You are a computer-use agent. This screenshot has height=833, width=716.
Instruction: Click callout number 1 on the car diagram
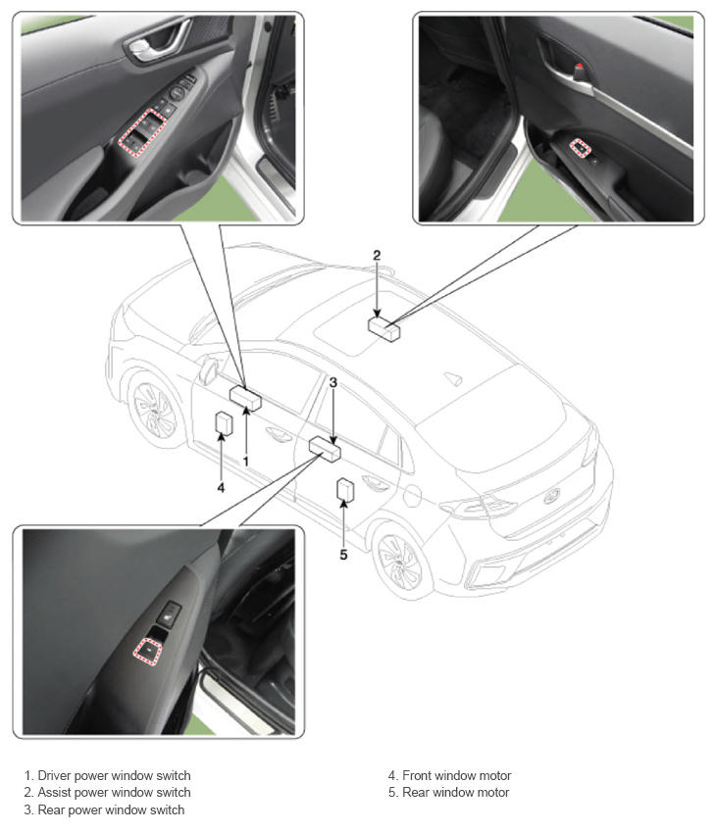(x=245, y=462)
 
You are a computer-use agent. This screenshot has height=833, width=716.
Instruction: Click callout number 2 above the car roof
(x=377, y=255)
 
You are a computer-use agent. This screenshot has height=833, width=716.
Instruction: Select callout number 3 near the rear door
(x=333, y=382)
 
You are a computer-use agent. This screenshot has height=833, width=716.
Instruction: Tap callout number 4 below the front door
(x=221, y=487)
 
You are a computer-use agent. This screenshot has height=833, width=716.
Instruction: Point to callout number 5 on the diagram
(x=343, y=555)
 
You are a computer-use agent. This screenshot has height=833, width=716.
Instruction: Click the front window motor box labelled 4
(x=224, y=423)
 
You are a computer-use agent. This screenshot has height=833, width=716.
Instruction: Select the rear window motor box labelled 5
(x=345, y=490)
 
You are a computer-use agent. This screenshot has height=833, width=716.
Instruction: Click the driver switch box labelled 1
(x=245, y=398)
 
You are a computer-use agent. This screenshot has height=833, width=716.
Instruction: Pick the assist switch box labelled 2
(x=384, y=329)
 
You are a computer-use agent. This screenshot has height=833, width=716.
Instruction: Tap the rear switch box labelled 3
(x=325, y=449)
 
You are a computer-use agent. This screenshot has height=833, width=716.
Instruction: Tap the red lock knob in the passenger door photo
(x=580, y=68)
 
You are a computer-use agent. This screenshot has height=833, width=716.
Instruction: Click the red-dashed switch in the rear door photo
(x=147, y=652)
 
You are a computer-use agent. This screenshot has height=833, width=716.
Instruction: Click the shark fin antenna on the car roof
(x=453, y=378)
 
